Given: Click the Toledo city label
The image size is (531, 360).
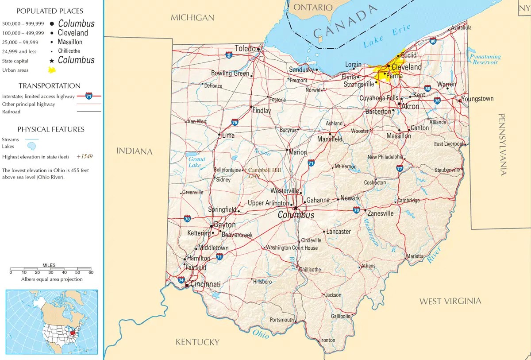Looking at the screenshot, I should tap(245, 48).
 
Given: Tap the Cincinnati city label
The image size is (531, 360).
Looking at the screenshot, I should tap(205, 284).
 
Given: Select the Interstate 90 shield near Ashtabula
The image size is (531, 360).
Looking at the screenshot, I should tap(433, 41).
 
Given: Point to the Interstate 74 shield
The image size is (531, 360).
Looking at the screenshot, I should tap(181, 279).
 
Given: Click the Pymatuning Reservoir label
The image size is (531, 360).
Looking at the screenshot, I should tap(485, 59).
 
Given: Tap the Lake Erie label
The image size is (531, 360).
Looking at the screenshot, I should tap(387, 37).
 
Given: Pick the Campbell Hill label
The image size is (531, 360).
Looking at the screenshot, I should tap(264, 170).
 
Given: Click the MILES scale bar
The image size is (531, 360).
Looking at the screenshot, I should tap(50, 269).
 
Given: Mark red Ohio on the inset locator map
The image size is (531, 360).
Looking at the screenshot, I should tap(73, 331).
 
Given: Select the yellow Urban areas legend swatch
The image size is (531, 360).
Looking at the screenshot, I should tap(52, 70).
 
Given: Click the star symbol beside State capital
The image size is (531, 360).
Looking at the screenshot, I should tap(52, 61).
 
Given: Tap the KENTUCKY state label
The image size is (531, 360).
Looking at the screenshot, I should tap(197, 342).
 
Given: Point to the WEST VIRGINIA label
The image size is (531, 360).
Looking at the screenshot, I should tap(450, 301).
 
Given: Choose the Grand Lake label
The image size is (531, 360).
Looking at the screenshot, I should tap(196, 162).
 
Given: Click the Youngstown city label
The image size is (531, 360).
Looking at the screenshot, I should tap(477, 99).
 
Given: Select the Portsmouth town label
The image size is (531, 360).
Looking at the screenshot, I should tap(281, 320).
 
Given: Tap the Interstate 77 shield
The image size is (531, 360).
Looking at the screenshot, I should tap(400, 168).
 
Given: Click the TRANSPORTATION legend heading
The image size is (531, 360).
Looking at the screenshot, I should tap(49, 86).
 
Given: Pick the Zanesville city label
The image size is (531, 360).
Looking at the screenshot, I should tap(380, 213).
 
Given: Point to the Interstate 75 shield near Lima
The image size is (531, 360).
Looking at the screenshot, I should tap(235, 122).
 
